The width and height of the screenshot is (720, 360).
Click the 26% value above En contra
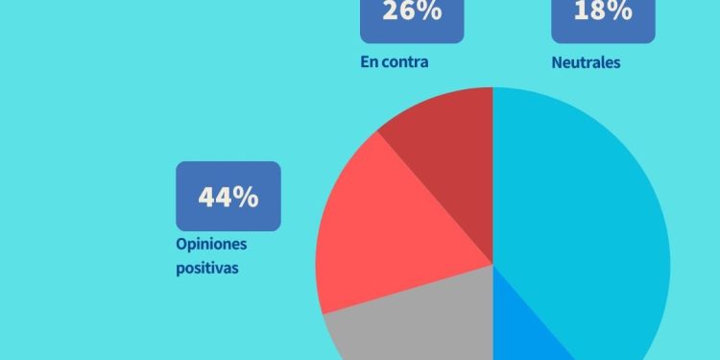[411, 12]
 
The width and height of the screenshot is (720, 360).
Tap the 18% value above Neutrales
[603, 12]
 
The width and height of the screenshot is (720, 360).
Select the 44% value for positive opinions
[228, 197]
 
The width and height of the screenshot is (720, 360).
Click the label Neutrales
[586, 62]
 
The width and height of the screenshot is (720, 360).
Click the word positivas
[207, 268]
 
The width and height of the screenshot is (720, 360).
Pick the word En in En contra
[369, 62]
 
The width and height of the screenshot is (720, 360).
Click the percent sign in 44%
[247, 197]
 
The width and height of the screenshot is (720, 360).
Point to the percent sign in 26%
[429, 12]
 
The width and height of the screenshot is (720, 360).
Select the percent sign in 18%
[620, 12]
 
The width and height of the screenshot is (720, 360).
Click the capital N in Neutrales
[558, 62]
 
